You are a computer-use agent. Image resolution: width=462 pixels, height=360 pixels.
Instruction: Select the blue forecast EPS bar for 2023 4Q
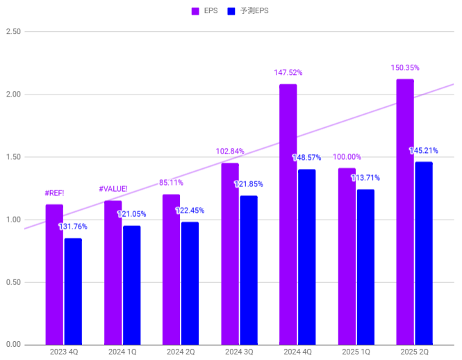73,291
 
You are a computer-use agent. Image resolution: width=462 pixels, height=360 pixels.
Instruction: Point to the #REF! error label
54,193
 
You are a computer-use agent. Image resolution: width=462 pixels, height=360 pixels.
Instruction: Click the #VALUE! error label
113,188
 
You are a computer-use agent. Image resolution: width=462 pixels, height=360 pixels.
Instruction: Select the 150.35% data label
405,68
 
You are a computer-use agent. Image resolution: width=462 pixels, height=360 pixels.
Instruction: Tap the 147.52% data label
288,72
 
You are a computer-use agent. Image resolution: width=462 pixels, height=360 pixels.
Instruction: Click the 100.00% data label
347,157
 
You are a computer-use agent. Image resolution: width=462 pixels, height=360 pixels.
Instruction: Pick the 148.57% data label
306,158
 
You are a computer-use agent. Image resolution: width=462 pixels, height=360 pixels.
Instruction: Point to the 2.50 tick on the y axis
13,32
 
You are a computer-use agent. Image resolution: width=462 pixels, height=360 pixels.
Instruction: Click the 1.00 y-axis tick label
13,220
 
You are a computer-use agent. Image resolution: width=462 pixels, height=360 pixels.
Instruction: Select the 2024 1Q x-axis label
122,352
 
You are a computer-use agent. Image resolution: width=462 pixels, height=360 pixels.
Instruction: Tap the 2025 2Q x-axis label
414,352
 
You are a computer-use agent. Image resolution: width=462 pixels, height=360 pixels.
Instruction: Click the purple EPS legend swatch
195,11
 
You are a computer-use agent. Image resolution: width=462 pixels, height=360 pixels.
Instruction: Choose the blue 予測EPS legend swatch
232,11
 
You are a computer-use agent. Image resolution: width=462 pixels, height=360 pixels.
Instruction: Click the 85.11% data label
172,183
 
